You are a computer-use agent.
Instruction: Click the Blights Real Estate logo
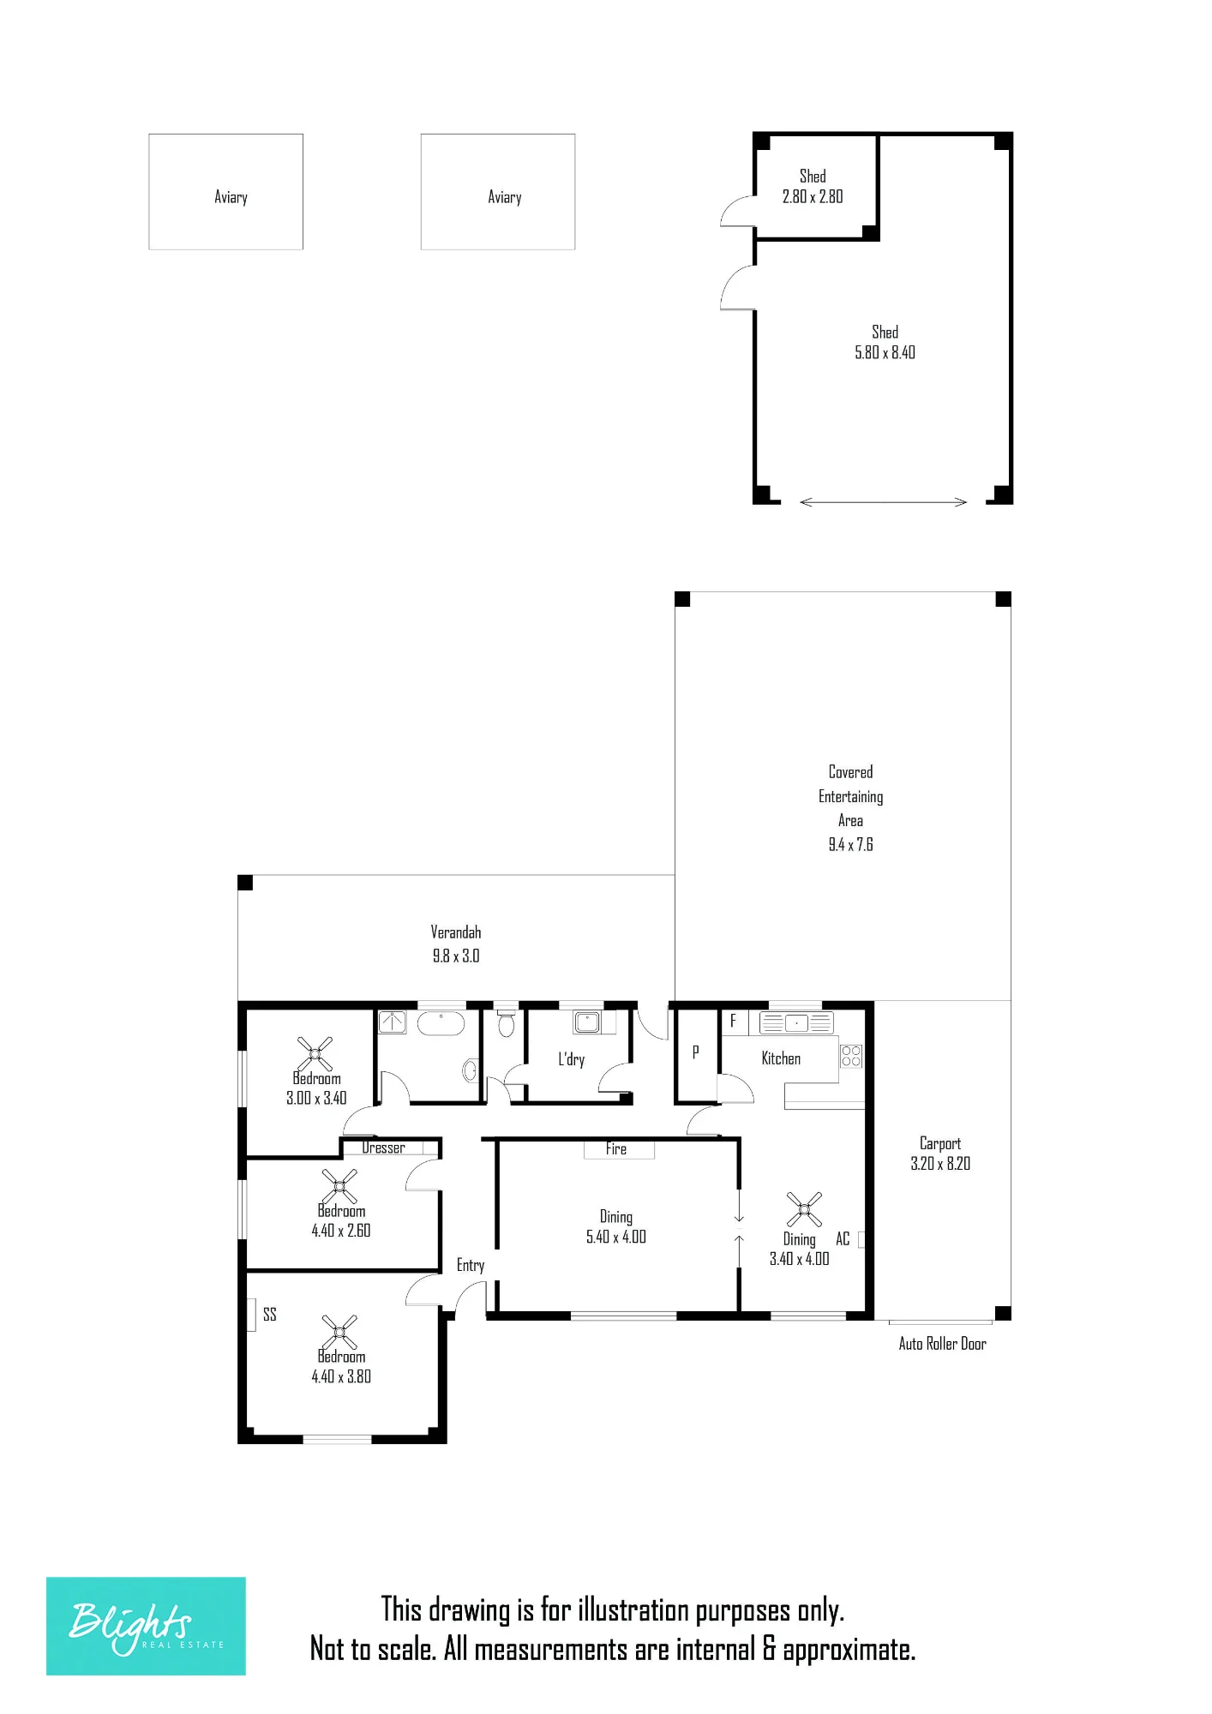(x=146, y=1626)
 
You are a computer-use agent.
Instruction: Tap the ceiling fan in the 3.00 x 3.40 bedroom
(x=315, y=1053)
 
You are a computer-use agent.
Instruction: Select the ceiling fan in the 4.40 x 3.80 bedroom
(x=339, y=1333)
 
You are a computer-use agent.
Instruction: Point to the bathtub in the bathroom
(x=441, y=1023)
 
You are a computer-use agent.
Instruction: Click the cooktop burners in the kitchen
(x=850, y=1056)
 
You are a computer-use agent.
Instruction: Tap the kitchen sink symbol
(x=796, y=1022)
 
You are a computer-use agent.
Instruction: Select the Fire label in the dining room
(x=616, y=1149)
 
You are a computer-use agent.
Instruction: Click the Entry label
(x=471, y=1266)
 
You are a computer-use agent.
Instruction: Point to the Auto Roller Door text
(x=942, y=1344)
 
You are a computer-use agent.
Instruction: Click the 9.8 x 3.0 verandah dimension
(x=456, y=956)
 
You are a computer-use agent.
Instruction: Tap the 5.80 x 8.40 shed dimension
(x=885, y=352)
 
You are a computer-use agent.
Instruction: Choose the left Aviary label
(x=231, y=197)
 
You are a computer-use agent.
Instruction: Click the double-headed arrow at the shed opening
(x=883, y=502)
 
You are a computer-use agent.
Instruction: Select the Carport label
(x=940, y=1143)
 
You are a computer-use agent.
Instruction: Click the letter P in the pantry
(x=695, y=1052)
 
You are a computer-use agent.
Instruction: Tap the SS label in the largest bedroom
(x=270, y=1315)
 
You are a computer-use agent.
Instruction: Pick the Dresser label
(x=383, y=1148)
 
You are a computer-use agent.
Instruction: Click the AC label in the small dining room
(x=843, y=1239)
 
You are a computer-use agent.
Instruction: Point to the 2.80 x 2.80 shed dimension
(x=813, y=196)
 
